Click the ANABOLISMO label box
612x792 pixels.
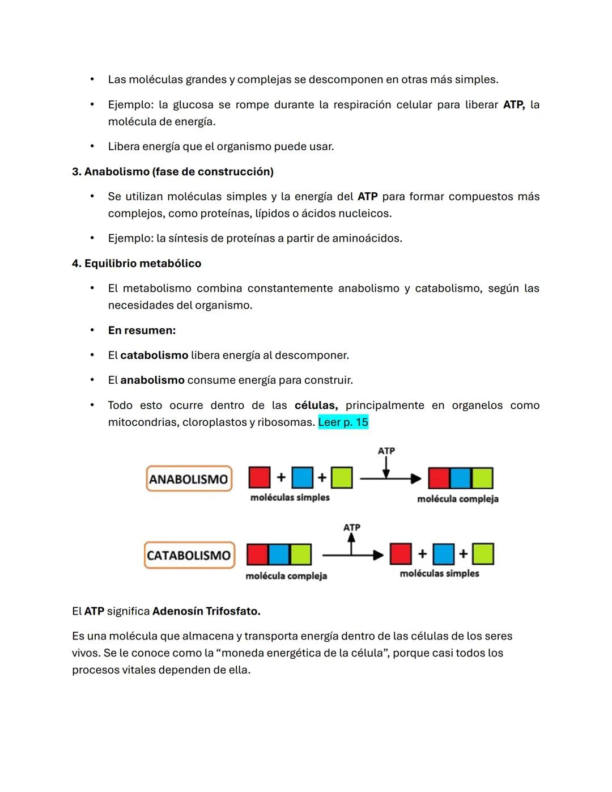189,479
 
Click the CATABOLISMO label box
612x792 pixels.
189,555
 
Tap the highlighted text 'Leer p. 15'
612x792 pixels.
343,422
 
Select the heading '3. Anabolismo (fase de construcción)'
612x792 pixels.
172,172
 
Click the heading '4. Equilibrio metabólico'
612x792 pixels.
136,264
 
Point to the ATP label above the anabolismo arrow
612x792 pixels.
386,451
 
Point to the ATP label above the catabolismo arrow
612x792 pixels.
351,527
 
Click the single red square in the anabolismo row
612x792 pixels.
260,477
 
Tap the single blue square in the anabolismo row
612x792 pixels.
302,477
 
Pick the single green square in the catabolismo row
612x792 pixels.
483,554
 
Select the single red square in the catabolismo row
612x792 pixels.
401,554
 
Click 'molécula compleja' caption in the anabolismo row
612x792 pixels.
458,499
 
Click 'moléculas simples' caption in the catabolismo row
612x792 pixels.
439,574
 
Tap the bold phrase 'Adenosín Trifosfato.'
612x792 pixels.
206,611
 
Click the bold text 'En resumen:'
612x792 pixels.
142,331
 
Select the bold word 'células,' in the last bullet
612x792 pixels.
316,405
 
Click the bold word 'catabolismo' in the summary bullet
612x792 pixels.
154,355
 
